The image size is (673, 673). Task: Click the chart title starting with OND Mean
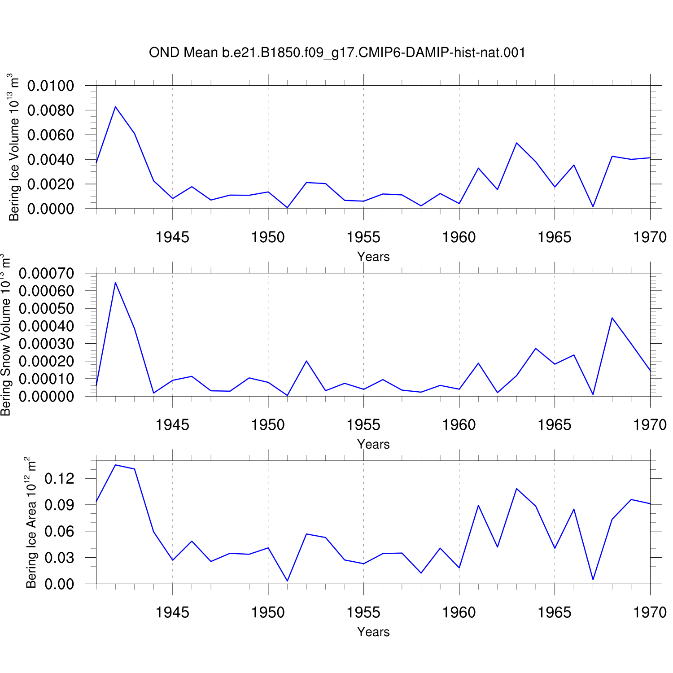[337, 53]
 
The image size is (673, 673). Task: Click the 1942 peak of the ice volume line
[115, 107]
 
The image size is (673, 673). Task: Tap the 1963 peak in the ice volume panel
[516, 143]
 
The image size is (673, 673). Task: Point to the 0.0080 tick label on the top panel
[51, 110]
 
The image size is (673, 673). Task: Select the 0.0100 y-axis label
[51, 86]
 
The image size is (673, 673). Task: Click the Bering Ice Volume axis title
[14, 147]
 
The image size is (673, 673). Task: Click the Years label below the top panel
[373, 257]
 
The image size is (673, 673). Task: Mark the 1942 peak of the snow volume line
[115, 282]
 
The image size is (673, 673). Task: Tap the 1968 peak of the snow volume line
[612, 318]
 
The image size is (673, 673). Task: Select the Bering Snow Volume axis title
[5, 335]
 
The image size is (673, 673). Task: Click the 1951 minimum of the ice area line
[287, 581]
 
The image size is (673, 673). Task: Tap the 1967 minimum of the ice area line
[593, 579]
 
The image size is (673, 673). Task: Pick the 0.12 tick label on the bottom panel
[59, 479]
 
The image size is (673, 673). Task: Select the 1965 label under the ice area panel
[555, 612]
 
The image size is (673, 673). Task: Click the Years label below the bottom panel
[373, 632]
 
